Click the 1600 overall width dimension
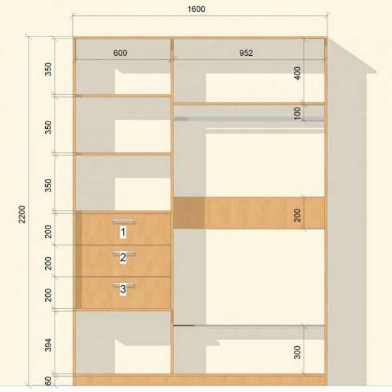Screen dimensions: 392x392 196,9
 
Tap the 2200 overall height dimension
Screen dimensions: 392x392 22,214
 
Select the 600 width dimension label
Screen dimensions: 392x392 120,52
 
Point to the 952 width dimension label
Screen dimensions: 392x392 246,52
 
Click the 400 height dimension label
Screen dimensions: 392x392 298,73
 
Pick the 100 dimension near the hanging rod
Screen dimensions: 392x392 298,114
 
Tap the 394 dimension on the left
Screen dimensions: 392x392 49,345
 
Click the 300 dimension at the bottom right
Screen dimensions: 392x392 298,352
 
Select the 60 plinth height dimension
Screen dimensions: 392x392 49,381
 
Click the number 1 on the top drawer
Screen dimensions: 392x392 123,233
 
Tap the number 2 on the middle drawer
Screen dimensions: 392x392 123,258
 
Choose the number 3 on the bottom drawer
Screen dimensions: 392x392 123,289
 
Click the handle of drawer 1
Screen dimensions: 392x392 124,221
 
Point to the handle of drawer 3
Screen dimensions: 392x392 124,285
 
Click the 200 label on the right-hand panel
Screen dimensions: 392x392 298,215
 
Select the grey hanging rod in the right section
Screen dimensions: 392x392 249,119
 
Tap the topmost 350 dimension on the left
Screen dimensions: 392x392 49,69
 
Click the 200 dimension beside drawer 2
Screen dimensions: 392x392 49,263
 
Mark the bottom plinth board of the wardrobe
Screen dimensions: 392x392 200,379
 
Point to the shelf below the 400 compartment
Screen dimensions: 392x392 249,104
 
